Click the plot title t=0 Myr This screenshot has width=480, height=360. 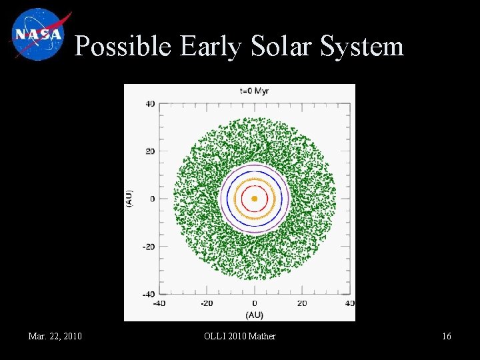point(254,91)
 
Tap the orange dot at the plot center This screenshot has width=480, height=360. point(254,199)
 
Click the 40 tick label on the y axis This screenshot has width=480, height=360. point(150,103)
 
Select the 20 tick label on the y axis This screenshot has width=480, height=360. point(150,151)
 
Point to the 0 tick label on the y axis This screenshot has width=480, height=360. point(152,199)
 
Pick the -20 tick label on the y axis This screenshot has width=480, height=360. point(148,247)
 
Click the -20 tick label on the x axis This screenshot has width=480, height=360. point(207,304)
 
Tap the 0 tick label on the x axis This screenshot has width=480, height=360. point(254,304)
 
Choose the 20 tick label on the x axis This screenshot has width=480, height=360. point(302,304)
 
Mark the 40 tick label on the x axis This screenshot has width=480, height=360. point(349,304)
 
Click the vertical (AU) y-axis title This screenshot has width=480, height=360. point(129,199)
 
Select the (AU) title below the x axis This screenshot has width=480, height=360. point(254,315)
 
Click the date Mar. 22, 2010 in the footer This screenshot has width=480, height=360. point(55,336)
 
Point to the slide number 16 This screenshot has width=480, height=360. point(446,336)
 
